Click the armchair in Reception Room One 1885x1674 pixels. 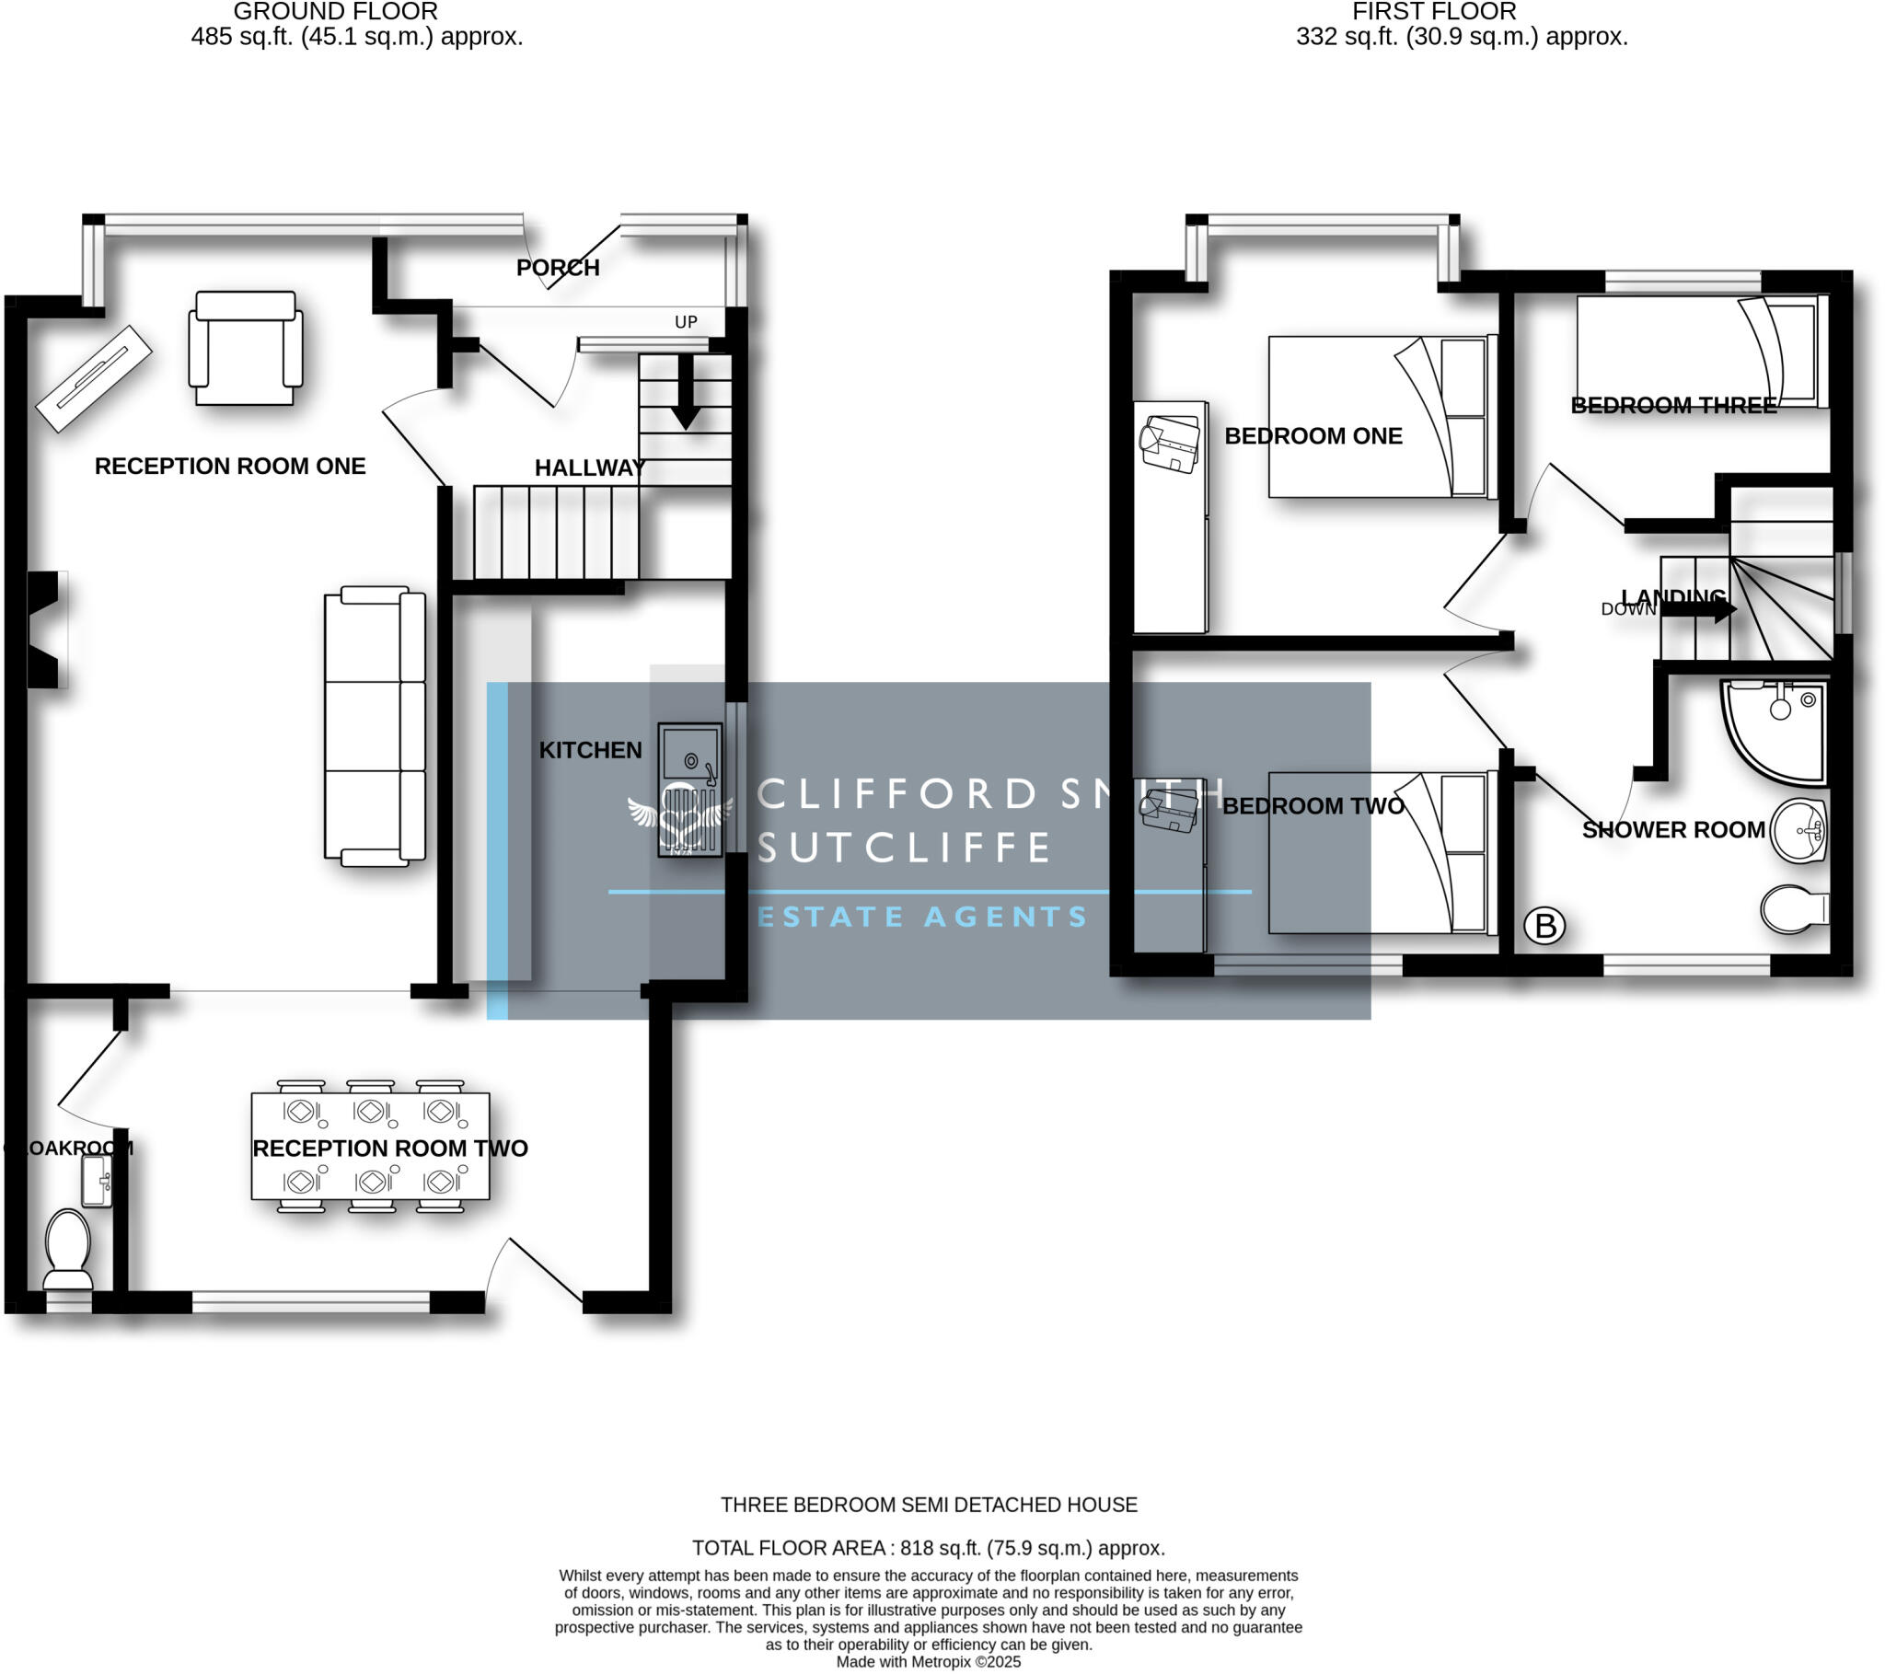(x=246, y=348)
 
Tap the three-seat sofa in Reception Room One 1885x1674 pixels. (x=376, y=726)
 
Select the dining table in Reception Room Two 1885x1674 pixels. (x=370, y=1147)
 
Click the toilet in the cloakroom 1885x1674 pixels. (x=68, y=1248)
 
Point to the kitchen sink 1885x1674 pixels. (x=689, y=790)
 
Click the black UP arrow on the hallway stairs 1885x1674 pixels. (x=685, y=392)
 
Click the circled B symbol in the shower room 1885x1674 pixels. (x=1544, y=925)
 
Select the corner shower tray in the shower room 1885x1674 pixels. (x=1772, y=728)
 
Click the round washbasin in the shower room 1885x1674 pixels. (x=1799, y=830)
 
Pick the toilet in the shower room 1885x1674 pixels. (x=1793, y=909)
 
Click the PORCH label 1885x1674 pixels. (x=558, y=268)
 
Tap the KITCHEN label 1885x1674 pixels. (x=590, y=750)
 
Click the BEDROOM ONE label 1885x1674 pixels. (x=1313, y=436)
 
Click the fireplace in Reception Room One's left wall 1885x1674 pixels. (x=44, y=629)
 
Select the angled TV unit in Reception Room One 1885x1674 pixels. (x=93, y=378)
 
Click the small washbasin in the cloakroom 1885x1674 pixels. (x=96, y=1181)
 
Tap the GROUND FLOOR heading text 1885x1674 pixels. (x=335, y=12)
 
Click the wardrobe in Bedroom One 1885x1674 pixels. (x=1169, y=516)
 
